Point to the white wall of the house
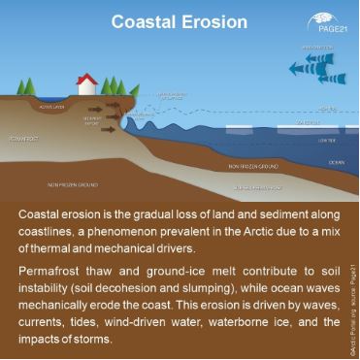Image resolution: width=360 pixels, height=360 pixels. (86, 89)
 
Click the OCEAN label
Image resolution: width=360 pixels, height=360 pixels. (336, 162)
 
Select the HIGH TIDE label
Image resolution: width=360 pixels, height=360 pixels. (328, 108)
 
